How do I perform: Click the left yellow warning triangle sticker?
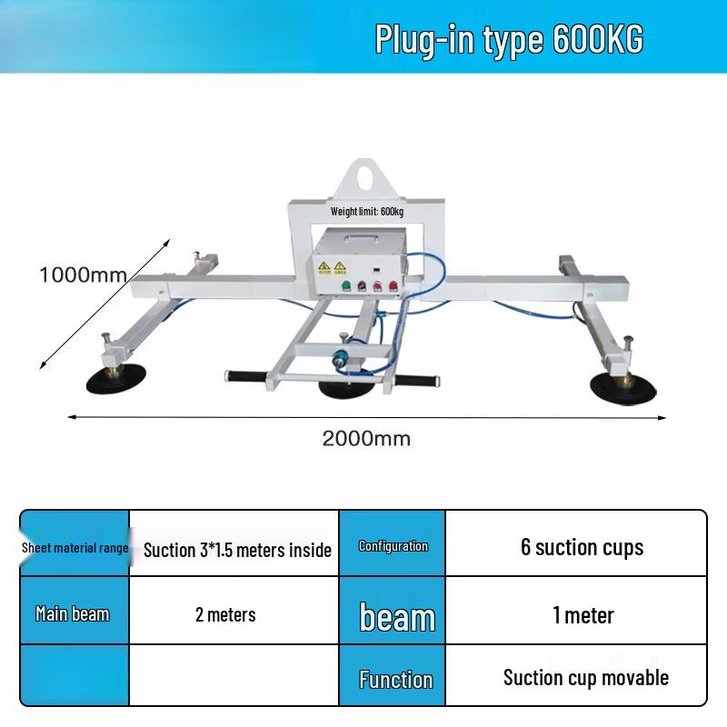(x=324, y=266)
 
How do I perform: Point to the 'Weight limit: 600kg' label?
(x=367, y=212)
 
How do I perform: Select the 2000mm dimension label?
(x=366, y=439)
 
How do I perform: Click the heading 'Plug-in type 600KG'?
(x=509, y=40)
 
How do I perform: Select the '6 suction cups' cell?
(x=582, y=547)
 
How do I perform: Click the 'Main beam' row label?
(x=73, y=614)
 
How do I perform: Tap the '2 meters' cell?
(x=225, y=614)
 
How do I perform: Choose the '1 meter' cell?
(x=583, y=615)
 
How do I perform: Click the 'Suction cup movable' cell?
(x=586, y=677)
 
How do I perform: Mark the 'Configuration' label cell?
(x=393, y=546)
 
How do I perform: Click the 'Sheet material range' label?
(x=75, y=548)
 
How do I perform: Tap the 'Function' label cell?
(x=395, y=679)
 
